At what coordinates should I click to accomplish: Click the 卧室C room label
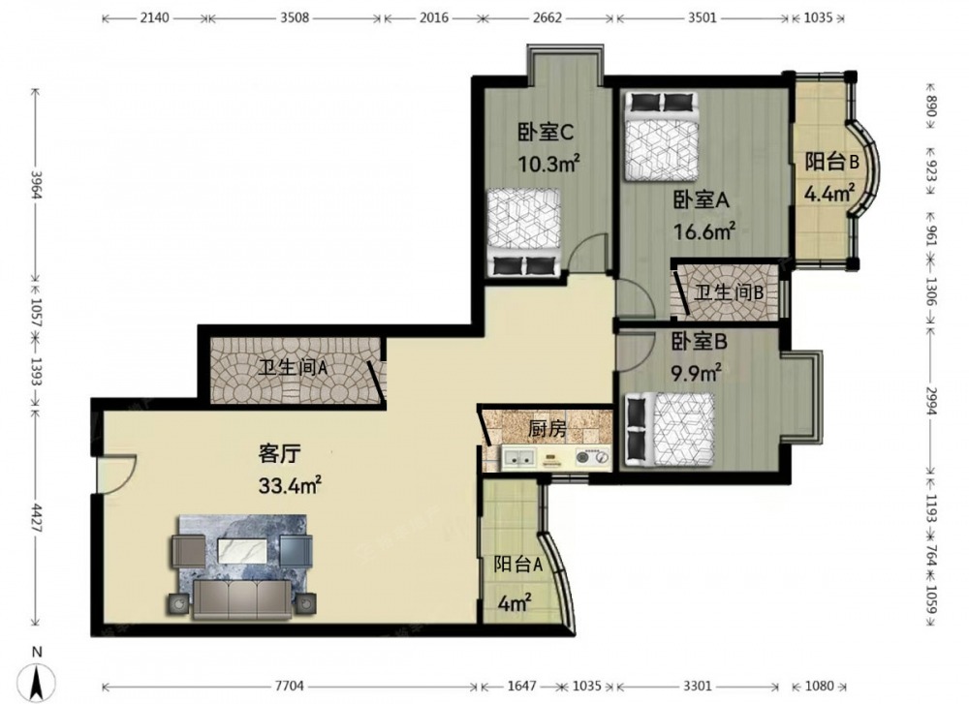(546, 132)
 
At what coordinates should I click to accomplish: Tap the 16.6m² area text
(703, 231)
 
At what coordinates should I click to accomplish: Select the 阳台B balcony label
(831, 163)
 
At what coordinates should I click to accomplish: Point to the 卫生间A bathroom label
(293, 368)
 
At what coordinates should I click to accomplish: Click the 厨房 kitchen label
(547, 429)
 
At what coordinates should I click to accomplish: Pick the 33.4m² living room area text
(289, 485)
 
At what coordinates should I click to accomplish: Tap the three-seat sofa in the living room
(241, 598)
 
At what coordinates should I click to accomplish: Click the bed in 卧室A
(661, 137)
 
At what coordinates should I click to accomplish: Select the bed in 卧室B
(670, 429)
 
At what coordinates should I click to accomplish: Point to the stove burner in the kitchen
(592, 458)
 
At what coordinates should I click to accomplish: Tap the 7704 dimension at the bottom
(289, 687)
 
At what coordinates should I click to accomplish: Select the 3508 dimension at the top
(295, 17)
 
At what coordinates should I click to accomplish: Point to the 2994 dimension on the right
(931, 402)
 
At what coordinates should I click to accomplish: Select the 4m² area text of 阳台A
(515, 602)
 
